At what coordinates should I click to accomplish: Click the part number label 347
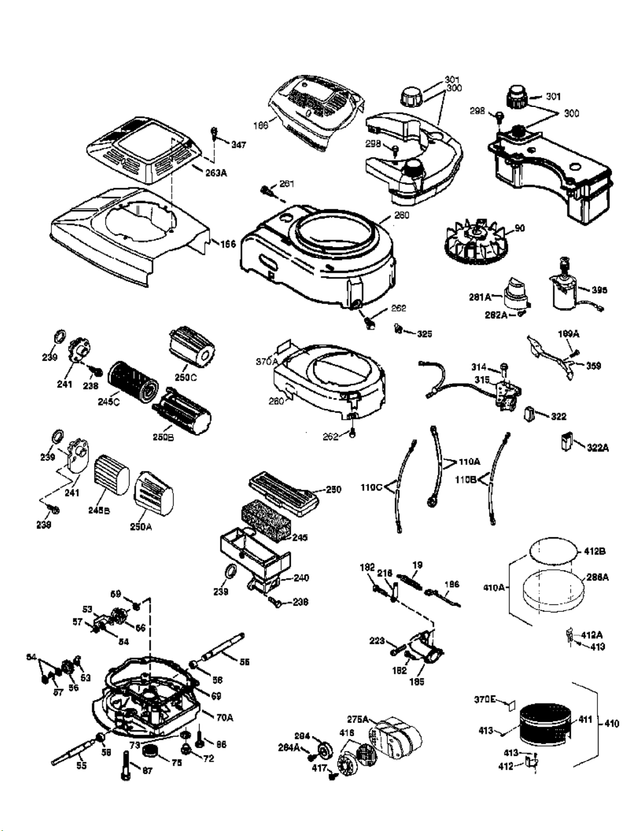click(238, 145)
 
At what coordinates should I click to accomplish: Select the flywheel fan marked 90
click(473, 243)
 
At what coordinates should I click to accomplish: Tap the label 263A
click(216, 172)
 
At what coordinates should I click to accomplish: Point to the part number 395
click(599, 290)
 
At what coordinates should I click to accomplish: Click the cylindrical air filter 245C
click(130, 378)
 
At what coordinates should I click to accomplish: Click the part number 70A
click(225, 717)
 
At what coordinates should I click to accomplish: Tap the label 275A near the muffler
click(358, 719)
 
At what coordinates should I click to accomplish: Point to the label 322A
click(597, 448)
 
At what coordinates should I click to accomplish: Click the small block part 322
click(529, 414)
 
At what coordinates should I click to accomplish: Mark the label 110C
click(372, 487)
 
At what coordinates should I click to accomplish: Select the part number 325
click(425, 334)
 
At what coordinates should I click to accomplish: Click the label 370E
click(485, 699)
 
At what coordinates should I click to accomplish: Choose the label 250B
click(163, 437)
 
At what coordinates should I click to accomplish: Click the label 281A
click(480, 297)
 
